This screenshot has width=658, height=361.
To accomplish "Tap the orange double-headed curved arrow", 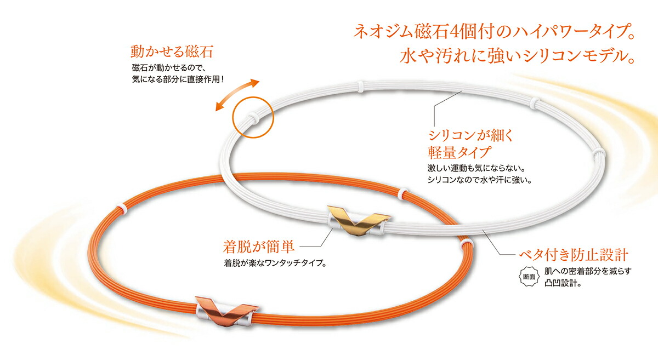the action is (237, 95).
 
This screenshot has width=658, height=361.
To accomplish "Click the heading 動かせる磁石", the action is (172, 51).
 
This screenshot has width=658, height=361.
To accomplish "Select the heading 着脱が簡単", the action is (258, 247).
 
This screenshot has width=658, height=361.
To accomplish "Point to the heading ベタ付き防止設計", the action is (574, 255).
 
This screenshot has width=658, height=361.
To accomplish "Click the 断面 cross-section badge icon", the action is (529, 277).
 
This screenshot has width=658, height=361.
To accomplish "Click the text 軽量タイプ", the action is (459, 152).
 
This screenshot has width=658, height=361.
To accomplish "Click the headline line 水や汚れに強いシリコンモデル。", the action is (517, 56).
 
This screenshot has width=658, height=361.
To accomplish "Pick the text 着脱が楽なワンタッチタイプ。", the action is (275, 263).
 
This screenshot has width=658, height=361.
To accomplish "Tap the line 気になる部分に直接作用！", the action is (178, 79).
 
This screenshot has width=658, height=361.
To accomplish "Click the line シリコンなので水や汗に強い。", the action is (480, 180).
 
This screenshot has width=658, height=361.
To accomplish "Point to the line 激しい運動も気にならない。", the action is (477, 169).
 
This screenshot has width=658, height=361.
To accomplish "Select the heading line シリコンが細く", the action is (470, 135).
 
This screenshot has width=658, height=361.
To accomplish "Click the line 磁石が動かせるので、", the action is (170, 68).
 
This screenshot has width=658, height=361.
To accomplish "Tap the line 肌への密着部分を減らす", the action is (588, 271).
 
